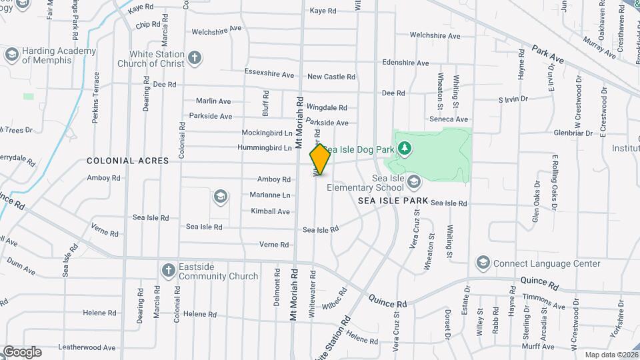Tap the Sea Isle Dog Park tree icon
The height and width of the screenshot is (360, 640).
[403, 147]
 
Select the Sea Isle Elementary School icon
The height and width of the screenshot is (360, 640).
[414, 181]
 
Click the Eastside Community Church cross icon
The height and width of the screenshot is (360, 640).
[168, 270]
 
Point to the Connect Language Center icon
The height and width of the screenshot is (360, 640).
[483, 263]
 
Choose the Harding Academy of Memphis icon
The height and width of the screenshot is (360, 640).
[11, 54]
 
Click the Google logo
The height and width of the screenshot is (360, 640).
[22, 351]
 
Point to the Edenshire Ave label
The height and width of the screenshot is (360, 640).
[405, 63]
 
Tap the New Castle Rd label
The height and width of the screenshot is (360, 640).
[331, 77]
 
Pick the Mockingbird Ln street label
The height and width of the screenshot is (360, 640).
[267, 132]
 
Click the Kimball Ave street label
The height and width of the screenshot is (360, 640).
[270, 211]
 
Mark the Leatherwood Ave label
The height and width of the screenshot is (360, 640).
[87, 347]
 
